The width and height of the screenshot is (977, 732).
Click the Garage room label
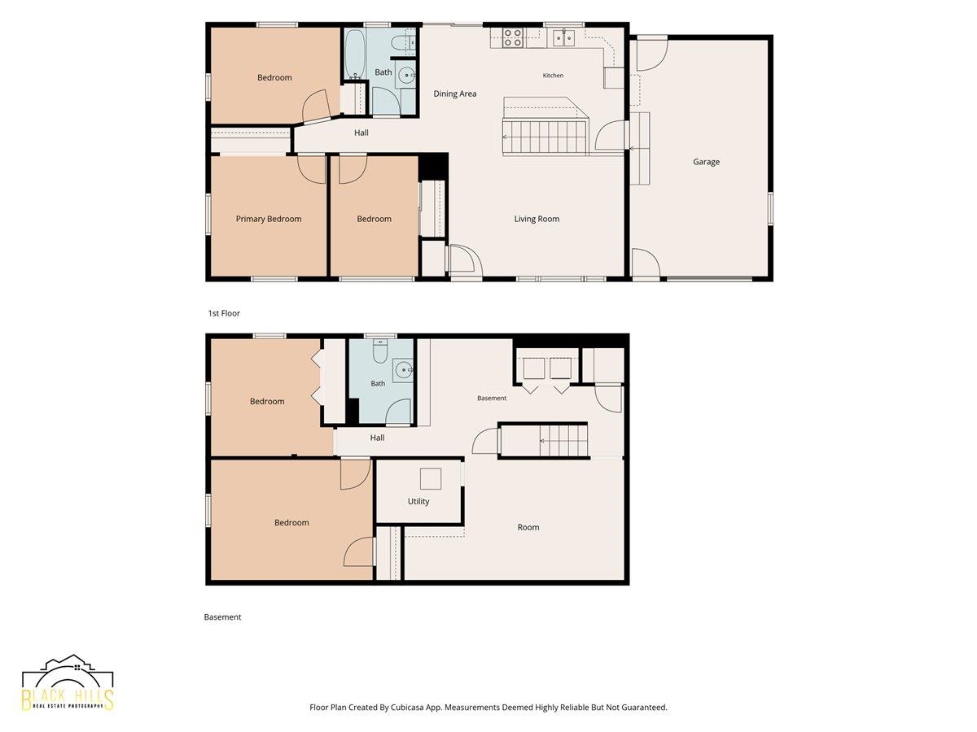706,162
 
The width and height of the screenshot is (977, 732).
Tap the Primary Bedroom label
269,219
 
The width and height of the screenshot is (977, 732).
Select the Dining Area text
455,94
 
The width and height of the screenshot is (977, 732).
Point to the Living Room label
537,219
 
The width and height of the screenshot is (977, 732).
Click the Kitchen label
553,76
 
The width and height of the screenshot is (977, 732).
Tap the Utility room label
418,501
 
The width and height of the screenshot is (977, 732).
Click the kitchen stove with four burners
512,37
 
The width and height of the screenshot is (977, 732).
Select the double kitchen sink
564,37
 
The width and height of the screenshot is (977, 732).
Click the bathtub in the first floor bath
355,54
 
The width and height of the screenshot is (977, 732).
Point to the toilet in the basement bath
379,351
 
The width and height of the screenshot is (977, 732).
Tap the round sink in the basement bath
403,369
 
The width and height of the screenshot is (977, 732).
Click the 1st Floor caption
224,313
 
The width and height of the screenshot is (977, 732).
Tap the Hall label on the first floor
361,133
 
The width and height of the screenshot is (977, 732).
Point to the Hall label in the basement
377,438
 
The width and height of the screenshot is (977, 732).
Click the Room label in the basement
528,527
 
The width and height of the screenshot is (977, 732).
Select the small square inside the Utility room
431,479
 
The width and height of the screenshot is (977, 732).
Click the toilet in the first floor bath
402,42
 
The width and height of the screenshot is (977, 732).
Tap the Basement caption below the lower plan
222,617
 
